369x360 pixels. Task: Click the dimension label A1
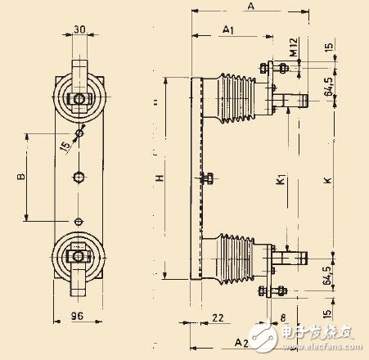click(229, 29)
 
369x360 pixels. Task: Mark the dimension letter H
click(160, 178)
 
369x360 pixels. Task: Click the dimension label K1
click(279, 176)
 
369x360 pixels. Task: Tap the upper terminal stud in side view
click(295, 101)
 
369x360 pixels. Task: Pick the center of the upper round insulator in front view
click(79, 100)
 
